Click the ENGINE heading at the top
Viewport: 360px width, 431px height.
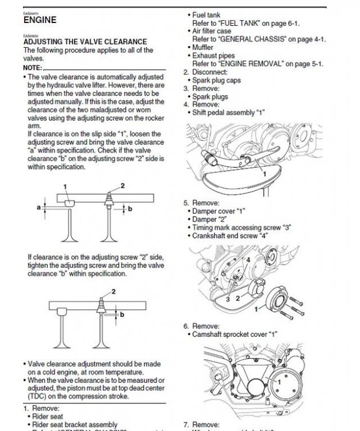(x=40, y=20)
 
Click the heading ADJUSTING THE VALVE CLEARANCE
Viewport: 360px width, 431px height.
(x=85, y=42)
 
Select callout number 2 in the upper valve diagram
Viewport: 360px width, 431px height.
(x=121, y=184)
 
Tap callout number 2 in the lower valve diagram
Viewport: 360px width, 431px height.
(x=113, y=292)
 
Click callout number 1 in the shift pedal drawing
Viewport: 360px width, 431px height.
(x=264, y=172)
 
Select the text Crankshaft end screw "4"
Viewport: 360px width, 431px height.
(x=231, y=236)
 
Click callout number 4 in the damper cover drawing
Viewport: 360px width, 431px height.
(x=247, y=260)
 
